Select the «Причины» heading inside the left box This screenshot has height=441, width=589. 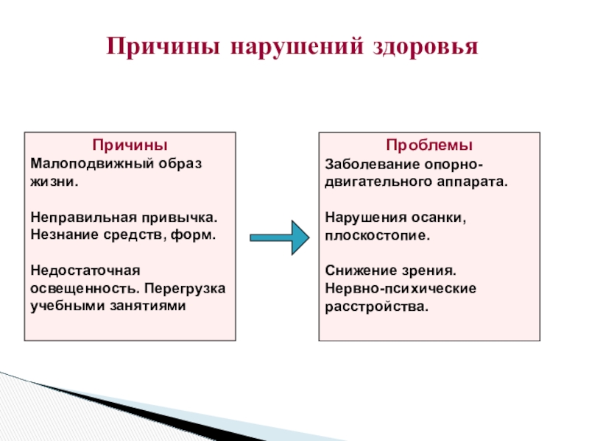click(130, 144)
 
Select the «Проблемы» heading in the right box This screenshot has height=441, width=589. click(429, 144)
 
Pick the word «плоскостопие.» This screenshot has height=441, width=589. click(376, 236)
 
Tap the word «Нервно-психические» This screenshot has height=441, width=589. click(401, 288)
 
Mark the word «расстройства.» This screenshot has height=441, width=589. click(375, 306)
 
